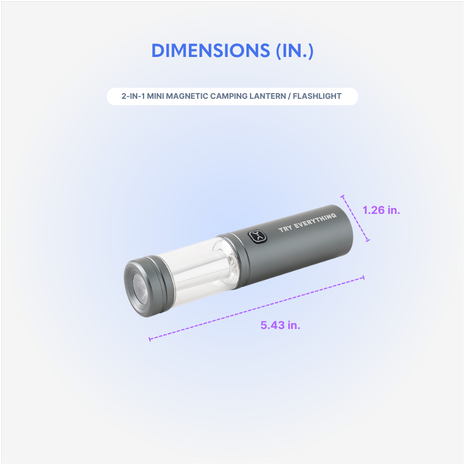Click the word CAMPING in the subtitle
[241, 96]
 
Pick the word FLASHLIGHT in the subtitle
[321, 96]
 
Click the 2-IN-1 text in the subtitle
[134, 96]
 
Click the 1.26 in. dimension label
[381, 210]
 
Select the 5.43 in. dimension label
[280, 325]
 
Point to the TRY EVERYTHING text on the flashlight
[307, 223]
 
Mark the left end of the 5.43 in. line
[150, 338]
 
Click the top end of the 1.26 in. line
[343, 196]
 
